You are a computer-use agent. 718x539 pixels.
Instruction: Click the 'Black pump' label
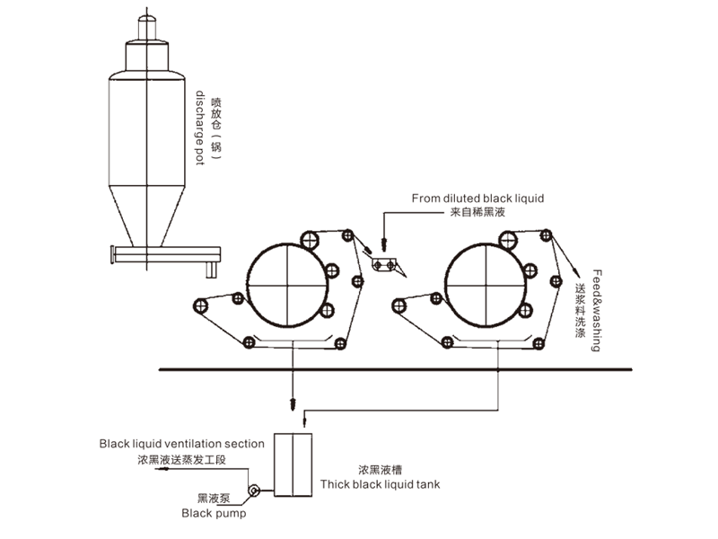214,514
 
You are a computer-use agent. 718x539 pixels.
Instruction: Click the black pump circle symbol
254,491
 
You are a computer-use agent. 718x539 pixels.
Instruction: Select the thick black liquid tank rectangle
292,464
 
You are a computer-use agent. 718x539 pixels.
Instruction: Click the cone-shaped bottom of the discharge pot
144,216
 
